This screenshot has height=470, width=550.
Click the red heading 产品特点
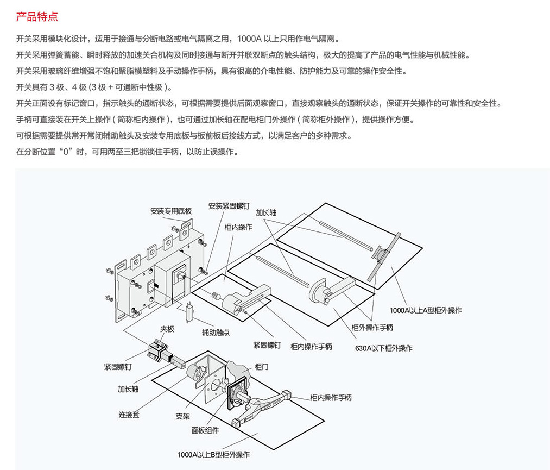click(37, 17)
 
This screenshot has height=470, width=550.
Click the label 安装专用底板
click(171, 211)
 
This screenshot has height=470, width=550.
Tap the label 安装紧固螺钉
click(229, 206)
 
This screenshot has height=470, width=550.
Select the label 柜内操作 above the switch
click(238, 227)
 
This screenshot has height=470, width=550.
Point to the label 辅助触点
click(216, 332)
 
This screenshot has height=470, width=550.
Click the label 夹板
click(167, 329)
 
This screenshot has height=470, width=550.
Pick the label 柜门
click(261, 367)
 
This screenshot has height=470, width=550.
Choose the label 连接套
click(129, 415)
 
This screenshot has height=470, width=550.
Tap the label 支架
click(183, 416)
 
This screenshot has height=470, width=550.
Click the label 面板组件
click(205, 430)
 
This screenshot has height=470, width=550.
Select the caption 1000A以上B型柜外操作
click(213, 455)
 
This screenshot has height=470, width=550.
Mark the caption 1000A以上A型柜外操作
click(426, 310)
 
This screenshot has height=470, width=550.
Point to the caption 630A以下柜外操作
click(384, 348)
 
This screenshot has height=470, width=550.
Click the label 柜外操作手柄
click(372, 328)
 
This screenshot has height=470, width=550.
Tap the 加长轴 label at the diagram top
click(266, 212)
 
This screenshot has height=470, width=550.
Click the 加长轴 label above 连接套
click(128, 389)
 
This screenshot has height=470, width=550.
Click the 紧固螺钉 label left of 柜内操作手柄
click(267, 346)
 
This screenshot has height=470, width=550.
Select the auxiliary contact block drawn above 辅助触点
click(190, 311)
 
